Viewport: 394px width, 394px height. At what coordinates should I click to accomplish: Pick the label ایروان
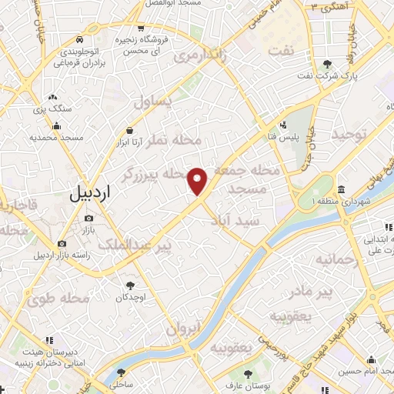point(182,329)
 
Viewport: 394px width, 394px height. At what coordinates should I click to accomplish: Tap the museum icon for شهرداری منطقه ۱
point(341,189)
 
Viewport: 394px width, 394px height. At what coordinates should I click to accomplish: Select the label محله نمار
point(178,140)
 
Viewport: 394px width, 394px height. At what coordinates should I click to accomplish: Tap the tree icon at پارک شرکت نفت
point(329,63)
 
